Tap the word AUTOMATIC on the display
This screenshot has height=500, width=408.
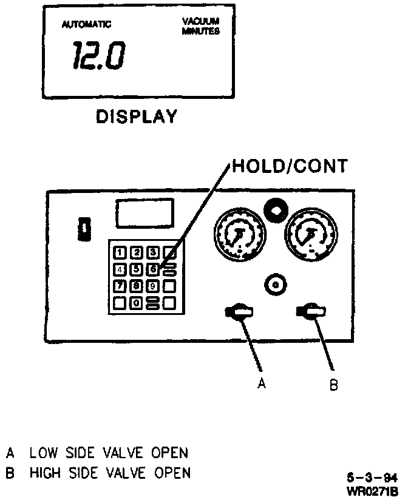86,24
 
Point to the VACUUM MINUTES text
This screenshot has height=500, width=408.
200,25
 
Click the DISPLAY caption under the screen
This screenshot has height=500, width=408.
137,116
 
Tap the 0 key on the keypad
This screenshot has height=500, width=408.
137,302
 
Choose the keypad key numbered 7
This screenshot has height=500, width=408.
121,285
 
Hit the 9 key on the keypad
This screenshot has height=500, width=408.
154,285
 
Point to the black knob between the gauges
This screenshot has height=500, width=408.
274,210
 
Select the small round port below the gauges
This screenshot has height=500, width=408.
276,284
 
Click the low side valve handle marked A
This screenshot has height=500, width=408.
239,312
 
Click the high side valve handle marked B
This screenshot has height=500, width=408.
310,312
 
